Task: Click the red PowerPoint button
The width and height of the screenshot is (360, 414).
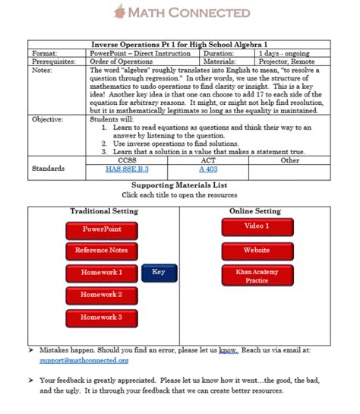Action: point(102,229)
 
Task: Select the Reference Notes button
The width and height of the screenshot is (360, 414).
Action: point(102,250)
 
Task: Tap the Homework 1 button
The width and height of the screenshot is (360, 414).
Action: point(102,272)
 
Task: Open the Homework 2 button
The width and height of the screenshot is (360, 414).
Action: point(102,295)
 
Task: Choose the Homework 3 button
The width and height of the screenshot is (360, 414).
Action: point(102,317)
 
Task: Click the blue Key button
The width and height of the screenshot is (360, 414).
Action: point(159,272)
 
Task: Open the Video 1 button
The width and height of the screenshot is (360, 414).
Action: point(256,226)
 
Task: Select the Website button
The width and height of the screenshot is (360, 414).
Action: point(256,250)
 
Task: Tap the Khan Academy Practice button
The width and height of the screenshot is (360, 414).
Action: point(256,276)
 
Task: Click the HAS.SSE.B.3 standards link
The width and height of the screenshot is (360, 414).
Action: point(127,169)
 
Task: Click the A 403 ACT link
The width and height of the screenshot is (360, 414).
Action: point(207,169)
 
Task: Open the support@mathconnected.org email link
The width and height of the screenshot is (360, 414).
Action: point(74,361)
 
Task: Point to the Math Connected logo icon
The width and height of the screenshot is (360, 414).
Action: point(119,12)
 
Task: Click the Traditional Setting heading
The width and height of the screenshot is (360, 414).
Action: point(104,210)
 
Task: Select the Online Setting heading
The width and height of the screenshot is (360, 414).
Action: point(255,210)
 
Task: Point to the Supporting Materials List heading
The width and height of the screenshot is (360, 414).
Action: point(179,185)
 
